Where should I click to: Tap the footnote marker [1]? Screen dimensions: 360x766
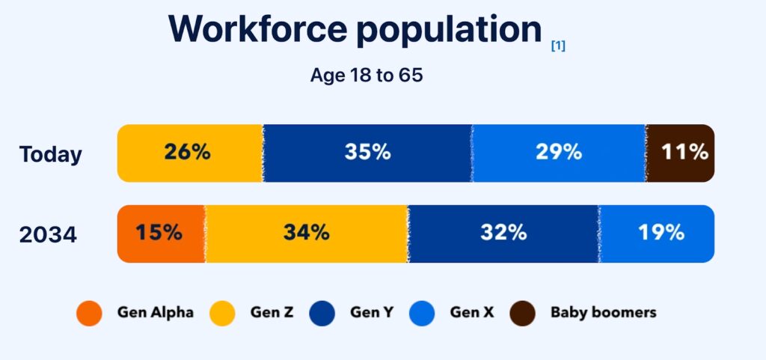[558, 46]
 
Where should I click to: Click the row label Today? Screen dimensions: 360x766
[51, 154]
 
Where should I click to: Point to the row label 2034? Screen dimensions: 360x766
[48, 234]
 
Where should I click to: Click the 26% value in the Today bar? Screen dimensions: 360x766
[187, 152]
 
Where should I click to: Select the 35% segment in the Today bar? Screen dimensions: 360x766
[367, 152]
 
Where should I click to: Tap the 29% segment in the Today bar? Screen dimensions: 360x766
[558, 152]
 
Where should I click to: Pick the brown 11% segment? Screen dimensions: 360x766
[684, 152]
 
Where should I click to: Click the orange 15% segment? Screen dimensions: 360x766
[159, 233]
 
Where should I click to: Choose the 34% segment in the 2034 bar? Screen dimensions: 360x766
[306, 233]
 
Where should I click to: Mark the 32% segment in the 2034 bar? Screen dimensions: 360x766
[503, 233]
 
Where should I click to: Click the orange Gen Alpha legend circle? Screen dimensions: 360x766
[89, 313]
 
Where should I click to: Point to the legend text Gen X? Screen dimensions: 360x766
[471, 312]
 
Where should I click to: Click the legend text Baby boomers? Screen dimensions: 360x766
[603, 312]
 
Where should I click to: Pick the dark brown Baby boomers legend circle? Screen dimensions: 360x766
[523, 313]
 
